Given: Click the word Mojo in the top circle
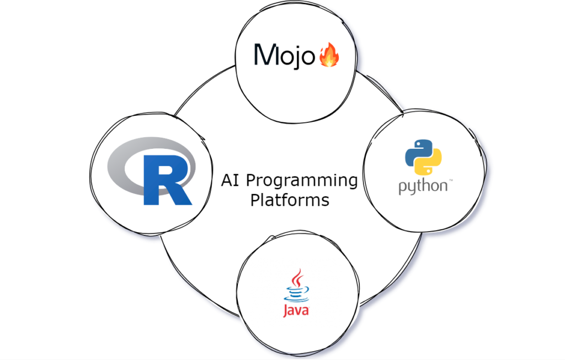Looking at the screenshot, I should pos(284,56).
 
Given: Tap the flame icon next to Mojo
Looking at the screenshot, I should pos(329,56).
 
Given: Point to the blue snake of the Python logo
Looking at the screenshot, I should pos(415,152).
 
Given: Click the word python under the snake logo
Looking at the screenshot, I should pos(422,186).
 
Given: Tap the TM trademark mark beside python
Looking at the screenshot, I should pos(450,180).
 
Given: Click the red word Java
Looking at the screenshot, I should pos(296,310).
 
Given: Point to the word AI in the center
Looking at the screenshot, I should pos(231,180).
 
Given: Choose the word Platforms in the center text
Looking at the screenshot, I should pos(290,200).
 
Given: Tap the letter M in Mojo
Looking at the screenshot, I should pos(265,55).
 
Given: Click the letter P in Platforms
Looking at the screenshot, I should pos(255,200).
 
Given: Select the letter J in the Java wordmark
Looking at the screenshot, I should pos(286,311).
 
